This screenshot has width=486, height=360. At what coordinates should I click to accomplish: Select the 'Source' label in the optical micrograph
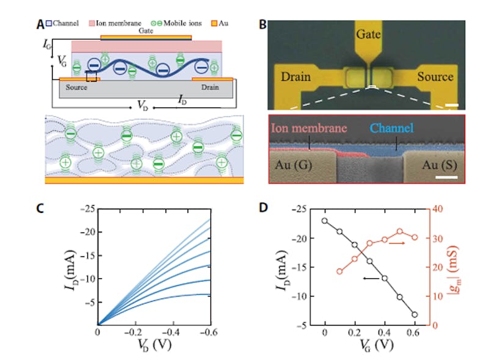[435, 77]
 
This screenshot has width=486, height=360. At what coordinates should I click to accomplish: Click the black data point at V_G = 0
[325, 221]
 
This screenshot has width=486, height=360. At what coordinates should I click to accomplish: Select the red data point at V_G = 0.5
[400, 232]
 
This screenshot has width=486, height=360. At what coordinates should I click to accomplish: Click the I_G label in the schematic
[49, 45]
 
